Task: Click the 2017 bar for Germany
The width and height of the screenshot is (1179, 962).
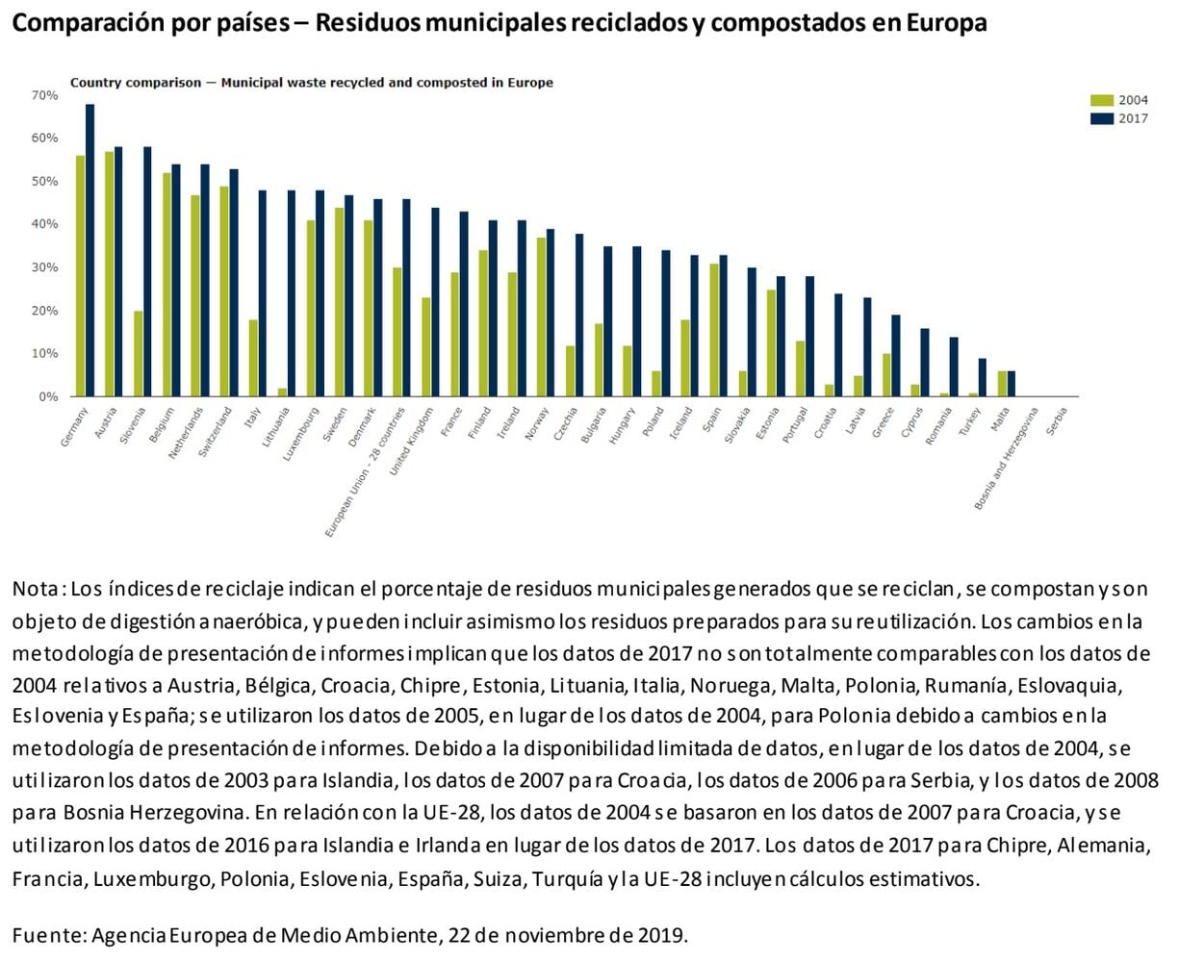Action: coord(90,250)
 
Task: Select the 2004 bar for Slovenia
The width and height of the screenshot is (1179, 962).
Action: coord(139,353)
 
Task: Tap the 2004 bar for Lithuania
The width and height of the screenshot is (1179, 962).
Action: coord(282,392)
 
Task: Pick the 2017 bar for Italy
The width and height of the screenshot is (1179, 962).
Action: coord(263,293)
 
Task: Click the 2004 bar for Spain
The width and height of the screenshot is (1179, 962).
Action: coord(714,330)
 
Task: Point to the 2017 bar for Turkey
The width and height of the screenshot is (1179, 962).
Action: coord(982,377)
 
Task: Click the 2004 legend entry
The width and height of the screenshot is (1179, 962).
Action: coord(1120,100)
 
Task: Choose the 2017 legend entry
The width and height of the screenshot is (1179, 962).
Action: coord(1120,118)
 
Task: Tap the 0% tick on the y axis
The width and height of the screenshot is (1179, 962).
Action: coord(48,396)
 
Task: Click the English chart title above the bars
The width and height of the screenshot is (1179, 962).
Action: coord(311,83)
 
